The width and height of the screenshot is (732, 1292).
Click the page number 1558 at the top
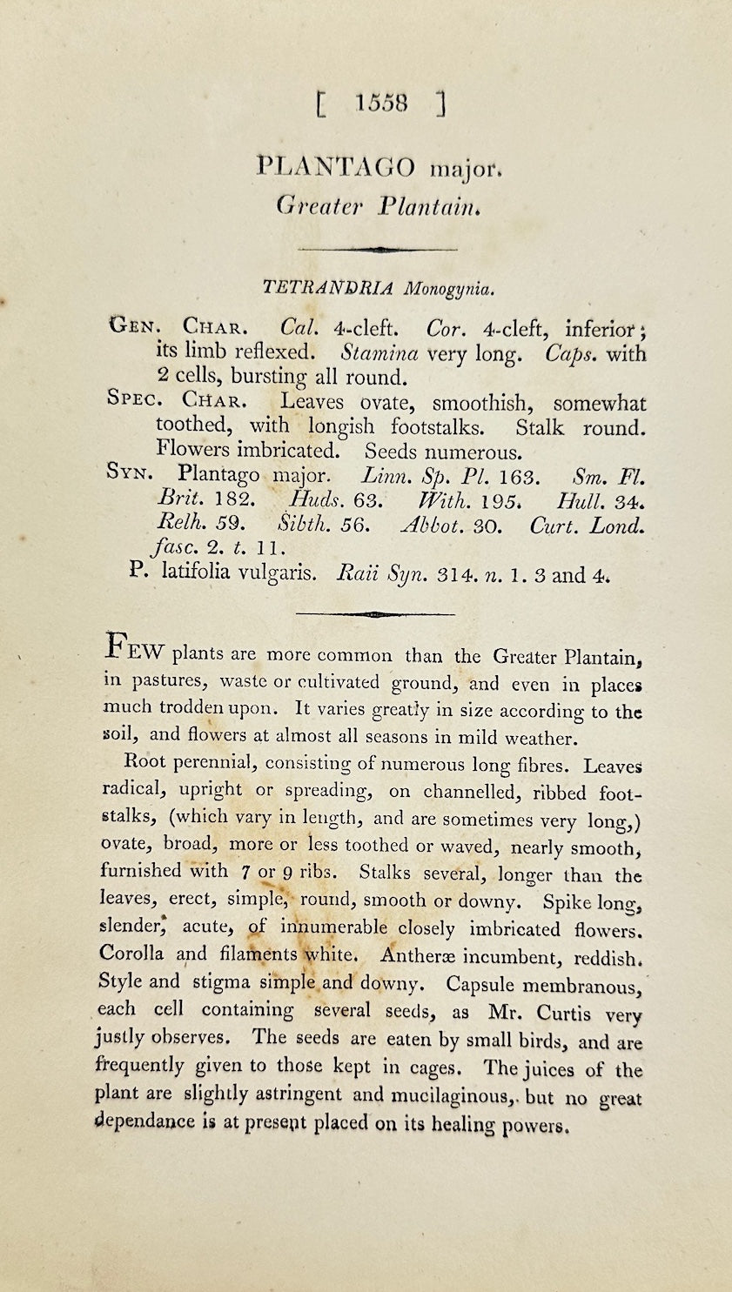point(381,104)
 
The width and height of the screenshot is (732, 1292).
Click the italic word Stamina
point(379,354)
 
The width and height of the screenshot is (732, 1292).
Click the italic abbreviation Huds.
point(312,500)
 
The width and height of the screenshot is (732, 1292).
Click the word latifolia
point(198,574)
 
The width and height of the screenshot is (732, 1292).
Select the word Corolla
point(131,954)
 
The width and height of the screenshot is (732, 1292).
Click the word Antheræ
point(417,956)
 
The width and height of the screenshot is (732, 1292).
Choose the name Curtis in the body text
point(563,1013)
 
